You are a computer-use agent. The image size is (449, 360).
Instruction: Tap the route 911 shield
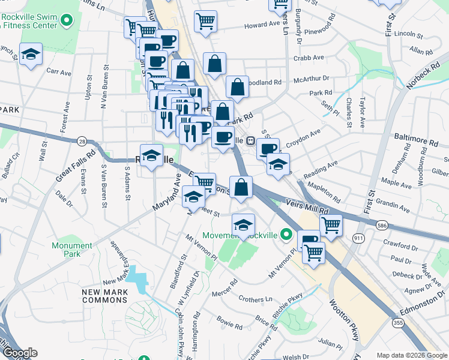[x=360, y=239]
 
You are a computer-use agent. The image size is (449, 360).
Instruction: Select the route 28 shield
[x=81, y=141]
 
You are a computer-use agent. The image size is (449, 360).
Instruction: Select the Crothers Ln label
[x=255, y=299]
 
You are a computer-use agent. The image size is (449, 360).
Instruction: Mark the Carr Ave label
[x=59, y=73]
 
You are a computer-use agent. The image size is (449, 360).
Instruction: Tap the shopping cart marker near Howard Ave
[x=205, y=22]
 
